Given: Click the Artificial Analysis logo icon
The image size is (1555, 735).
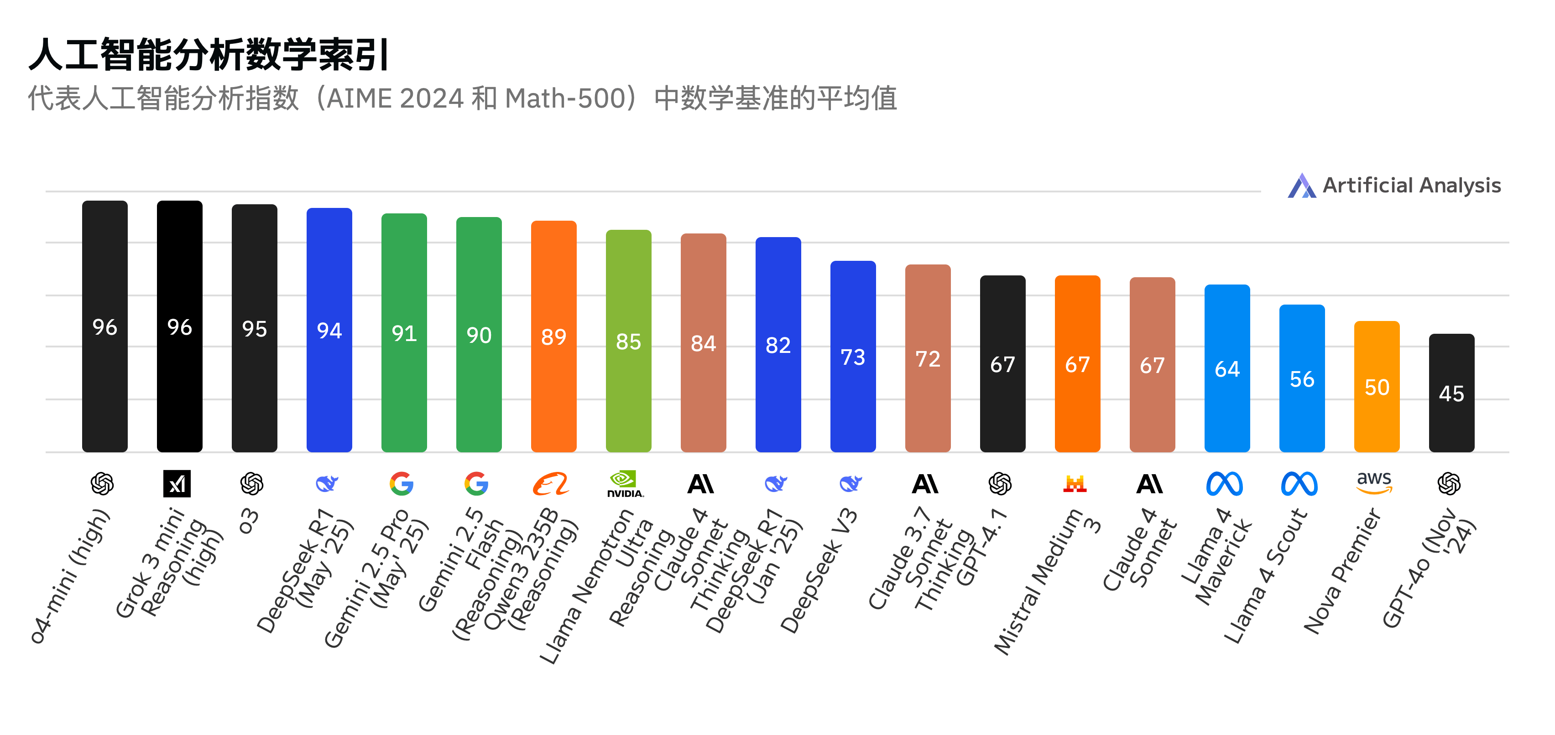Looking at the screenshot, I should click(1301, 186).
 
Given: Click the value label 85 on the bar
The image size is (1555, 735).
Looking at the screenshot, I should click(628, 342).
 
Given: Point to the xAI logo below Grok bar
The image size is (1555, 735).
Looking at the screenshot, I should click(177, 483).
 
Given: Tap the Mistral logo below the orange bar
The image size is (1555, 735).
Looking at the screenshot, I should click(1075, 483).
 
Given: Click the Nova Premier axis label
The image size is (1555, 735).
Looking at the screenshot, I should click(1344, 570).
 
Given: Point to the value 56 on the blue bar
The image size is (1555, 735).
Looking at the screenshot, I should click(1302, 379).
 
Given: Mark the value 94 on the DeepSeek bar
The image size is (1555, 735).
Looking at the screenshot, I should click(329, 331).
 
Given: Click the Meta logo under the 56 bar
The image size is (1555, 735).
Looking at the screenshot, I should click(1299, 483).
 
